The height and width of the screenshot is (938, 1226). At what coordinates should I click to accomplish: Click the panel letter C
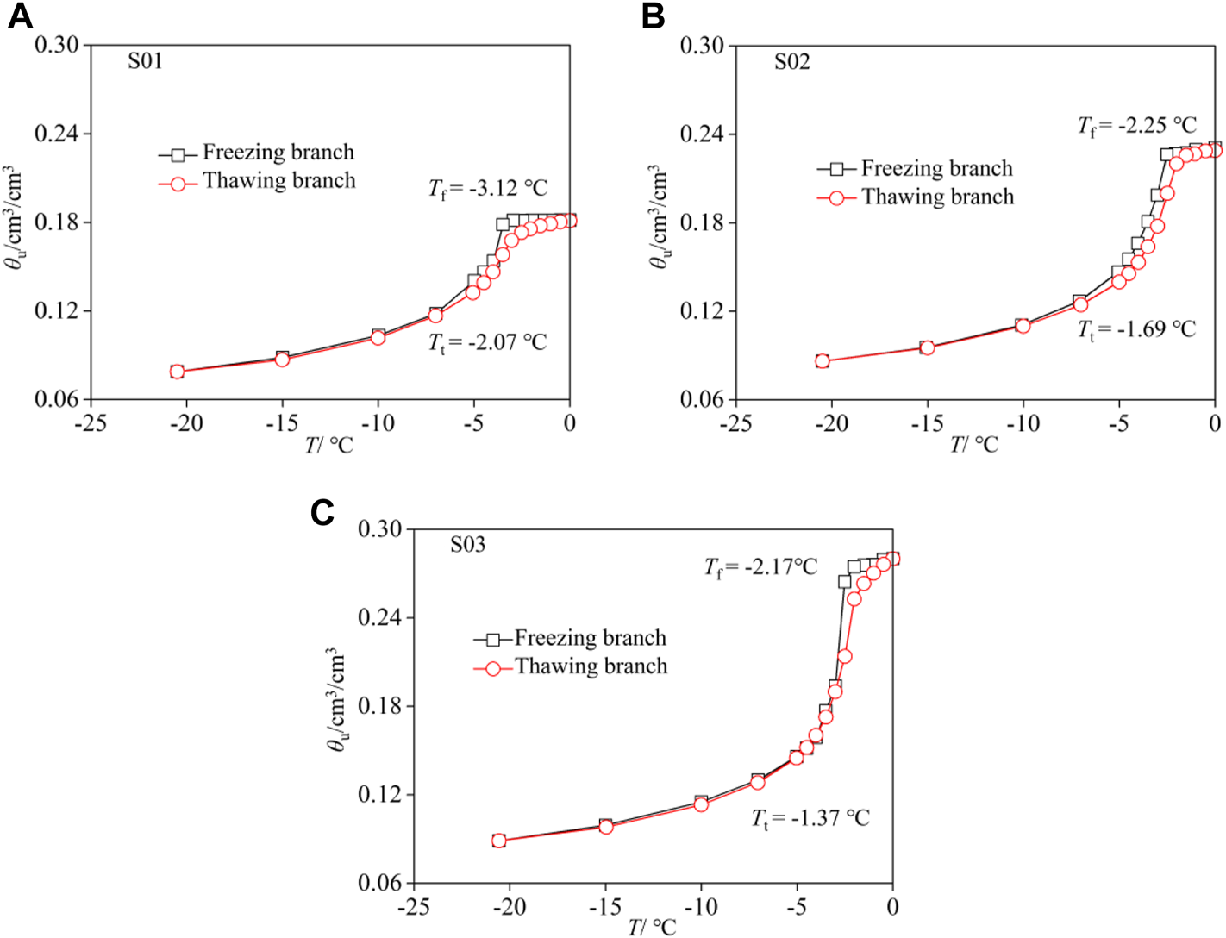(322, 513)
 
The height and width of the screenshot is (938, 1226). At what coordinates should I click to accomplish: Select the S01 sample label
(145, 61)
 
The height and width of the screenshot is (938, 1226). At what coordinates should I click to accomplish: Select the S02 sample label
(791, 62)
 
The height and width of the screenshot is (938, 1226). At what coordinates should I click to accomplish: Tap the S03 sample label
(467, 545)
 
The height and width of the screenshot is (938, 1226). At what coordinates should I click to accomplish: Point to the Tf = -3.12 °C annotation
(488, 189)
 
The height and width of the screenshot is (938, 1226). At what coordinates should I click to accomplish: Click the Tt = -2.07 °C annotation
(488, 343)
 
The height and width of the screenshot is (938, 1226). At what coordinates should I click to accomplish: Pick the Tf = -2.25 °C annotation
(1136, 126)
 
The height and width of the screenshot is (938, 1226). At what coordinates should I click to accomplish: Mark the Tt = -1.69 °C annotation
(1136, 329)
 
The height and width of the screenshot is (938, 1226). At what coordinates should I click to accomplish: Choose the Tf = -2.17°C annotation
(760, 567)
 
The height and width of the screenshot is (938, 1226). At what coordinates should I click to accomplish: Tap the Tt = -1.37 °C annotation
(810, 818)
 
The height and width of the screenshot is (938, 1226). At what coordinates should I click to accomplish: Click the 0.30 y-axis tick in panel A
(57, 45)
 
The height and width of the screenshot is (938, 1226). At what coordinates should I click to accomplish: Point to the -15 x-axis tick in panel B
(927, 423)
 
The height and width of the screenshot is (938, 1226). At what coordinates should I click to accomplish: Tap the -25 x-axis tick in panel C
(413, 907)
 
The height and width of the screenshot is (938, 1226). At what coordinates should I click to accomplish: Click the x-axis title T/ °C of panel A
(328, 446)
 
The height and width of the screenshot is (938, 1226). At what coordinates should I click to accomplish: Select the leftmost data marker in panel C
(499, 841)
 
